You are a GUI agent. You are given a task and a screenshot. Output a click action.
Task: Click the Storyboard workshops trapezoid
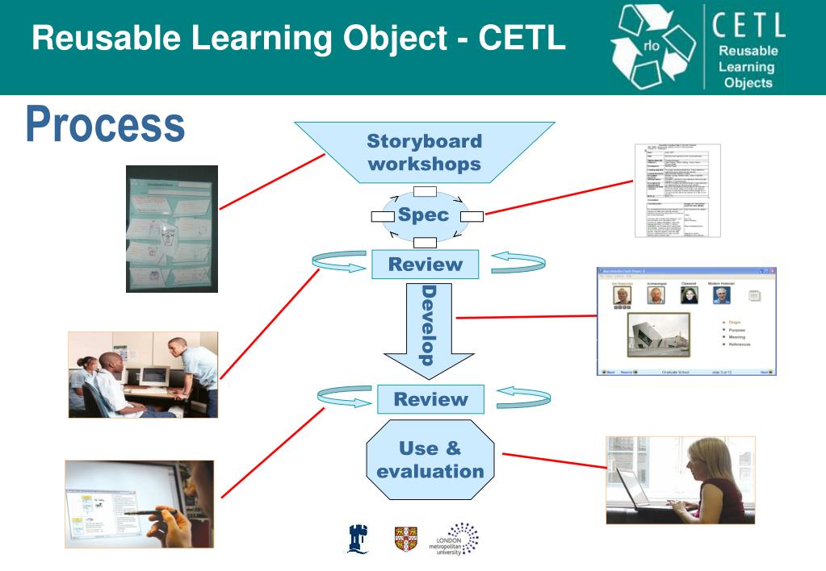pyautogui.click(x=424, y=152)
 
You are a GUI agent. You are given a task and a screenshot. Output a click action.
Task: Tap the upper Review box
pyautogui.click(x=425, y=264)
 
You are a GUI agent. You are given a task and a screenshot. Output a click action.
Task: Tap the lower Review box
pyautogui.click(x=431, y=398)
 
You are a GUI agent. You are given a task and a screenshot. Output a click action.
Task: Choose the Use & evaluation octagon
pyautogui.click(x=430, y=459)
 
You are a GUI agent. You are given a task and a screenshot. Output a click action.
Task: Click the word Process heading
pyautogui.click(x=105, y=125)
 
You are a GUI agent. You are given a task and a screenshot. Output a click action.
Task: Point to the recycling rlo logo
pyautogui.click(x=658, y=48)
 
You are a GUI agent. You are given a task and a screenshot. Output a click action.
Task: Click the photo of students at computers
pyautogui.click(x=143, y=374)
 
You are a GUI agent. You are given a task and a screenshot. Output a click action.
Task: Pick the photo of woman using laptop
pyautogui.click(x=680, y=480)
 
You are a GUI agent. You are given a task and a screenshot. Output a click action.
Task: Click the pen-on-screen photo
pyautogui.click(x=139, y=504)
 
